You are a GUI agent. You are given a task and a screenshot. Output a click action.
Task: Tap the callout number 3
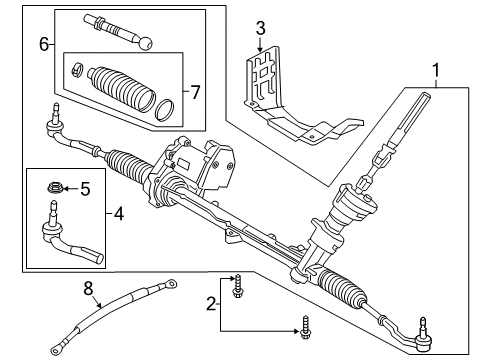[259, 27]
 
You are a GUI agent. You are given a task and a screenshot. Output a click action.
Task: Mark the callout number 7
[196, 92]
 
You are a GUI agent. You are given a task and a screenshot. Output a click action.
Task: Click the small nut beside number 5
[56, 186]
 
